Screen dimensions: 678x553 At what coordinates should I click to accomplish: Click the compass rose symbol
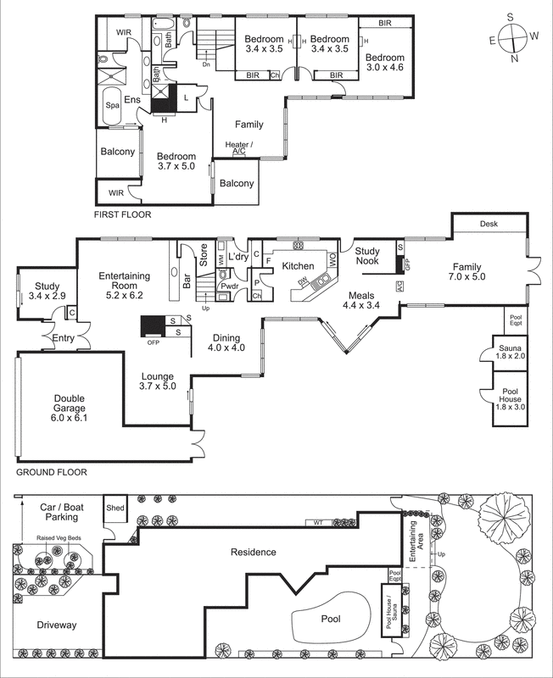[x=513, y=37]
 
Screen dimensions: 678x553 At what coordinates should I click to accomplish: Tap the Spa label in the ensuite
[x=112, y=106]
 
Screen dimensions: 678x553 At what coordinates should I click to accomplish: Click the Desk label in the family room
[x=489, y=225]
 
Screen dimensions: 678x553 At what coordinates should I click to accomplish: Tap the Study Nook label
[x=368, y=257]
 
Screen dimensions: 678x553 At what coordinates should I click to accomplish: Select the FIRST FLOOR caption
[x=123, y=215]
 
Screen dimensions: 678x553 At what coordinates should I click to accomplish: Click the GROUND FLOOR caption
[x=52, y=472]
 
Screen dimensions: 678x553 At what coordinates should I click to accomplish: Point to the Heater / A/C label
[x=236, y=148]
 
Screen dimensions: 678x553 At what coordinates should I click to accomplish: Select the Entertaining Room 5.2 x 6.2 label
[x=125, y=281]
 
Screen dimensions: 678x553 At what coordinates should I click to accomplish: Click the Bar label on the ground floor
[x=187, y=281]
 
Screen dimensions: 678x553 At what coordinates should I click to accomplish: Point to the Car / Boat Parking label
[x=59, y=511]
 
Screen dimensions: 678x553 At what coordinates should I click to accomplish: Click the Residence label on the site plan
[x=254, y=553]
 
